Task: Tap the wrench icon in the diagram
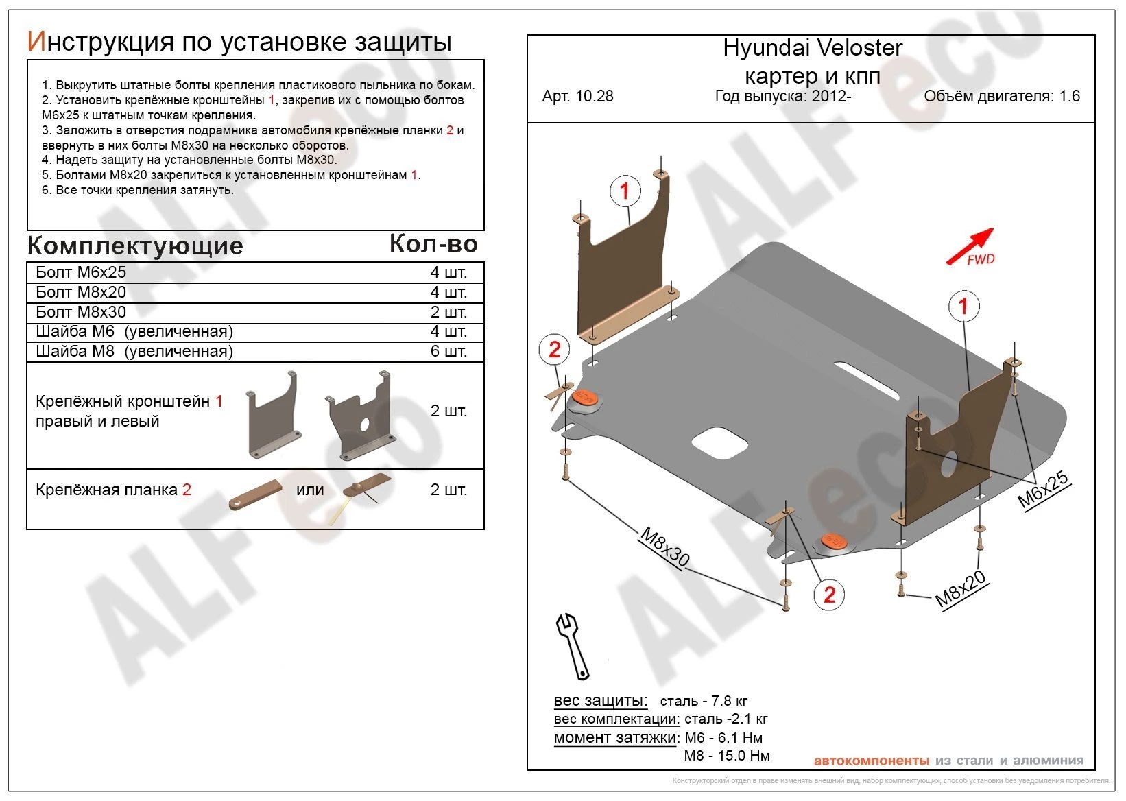(572, 645)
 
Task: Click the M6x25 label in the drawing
(1042, 490)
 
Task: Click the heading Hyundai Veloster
(812, 48)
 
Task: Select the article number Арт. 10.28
(577, 96)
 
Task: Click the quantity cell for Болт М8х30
(448, 312)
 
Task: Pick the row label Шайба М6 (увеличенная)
(134, 332)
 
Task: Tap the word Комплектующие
(135, 246)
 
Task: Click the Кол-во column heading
(433, 243)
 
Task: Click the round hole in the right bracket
(950, 464)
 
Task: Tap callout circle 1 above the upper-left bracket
(624, 191)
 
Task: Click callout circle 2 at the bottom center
(829, 594)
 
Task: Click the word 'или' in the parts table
(310, 490)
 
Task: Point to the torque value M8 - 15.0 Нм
(726, 756)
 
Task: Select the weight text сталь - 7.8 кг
(703, 701)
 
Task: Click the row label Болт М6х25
(81, 272)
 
